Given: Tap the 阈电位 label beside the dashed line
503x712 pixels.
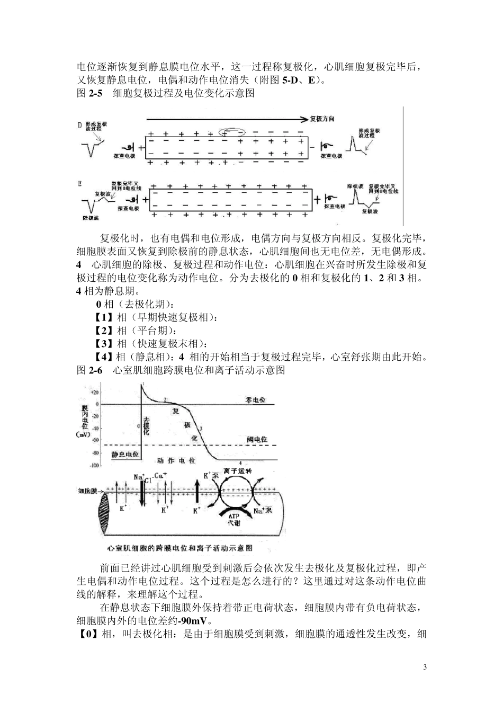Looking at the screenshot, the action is (x=257, y=439).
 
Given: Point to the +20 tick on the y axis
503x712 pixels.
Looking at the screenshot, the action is (x=94, y=393).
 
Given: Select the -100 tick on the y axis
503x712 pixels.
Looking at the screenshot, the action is (x=94, y=466).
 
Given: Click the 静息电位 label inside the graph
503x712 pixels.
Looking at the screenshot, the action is (x=125, y=454).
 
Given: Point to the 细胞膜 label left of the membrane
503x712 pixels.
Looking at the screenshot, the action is (x=87, y=491).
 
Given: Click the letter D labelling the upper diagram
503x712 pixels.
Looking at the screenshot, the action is (x=80, y=126).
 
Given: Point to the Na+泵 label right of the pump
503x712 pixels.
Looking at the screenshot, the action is (x=263, y=511).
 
